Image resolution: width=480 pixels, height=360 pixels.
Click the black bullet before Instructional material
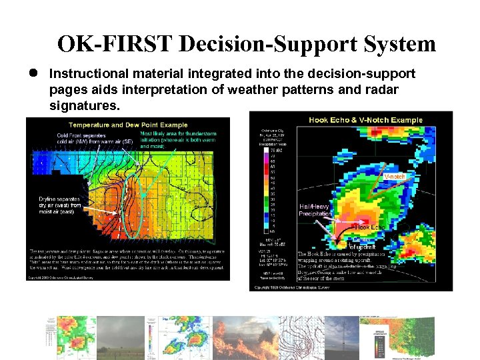(31, 73)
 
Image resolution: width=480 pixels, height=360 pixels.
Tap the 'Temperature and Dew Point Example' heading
(127, 125)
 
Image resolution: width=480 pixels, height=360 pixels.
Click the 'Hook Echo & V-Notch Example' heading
(365, 120)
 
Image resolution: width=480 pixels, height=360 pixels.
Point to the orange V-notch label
(395, 177)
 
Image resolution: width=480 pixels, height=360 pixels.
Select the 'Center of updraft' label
(362, 243)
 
